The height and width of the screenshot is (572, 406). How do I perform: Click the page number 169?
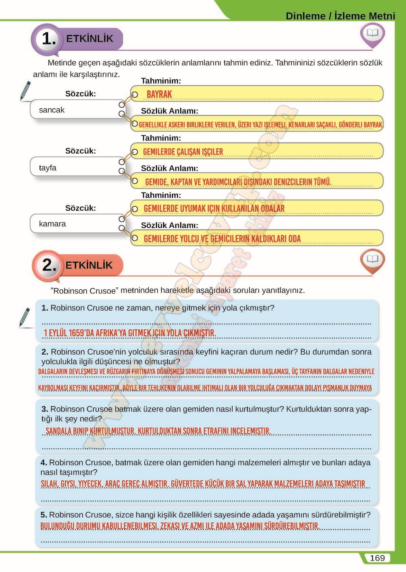tap(377, 558)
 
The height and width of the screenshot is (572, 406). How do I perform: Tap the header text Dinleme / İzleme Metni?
tap(340, 16)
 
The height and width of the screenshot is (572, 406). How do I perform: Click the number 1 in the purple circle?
tap(49, 39)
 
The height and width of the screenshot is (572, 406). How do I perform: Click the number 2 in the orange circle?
tap(49, 265)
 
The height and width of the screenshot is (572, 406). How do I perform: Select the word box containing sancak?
tap(74, 109)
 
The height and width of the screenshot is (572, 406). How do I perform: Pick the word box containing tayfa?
tap(74, 167)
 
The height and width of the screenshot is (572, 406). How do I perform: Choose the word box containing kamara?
tap(74, 223)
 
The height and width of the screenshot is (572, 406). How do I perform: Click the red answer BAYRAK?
tap(159, 94)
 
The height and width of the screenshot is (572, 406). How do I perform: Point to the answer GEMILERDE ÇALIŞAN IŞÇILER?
tap(183, 152)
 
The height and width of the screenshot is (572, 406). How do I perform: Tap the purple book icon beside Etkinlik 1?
tap(372, 34)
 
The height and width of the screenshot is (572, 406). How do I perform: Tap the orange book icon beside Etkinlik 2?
tap(372, 259)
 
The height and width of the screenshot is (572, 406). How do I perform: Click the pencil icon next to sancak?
tap(25, 91)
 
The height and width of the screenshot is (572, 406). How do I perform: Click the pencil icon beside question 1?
tap(25, 317)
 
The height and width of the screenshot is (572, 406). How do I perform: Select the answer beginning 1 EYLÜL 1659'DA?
tap(130, 333)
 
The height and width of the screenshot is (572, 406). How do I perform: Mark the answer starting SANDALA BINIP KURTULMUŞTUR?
tap(158, 431)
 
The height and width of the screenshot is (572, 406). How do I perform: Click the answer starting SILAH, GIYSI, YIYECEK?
tap(203, 484)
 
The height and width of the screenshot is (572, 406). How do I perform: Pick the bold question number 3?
tap(45, 409)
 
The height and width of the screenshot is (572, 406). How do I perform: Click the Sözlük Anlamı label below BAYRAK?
tap(169, 111)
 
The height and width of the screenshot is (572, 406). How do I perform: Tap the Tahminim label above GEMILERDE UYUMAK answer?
tap(161, 195)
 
